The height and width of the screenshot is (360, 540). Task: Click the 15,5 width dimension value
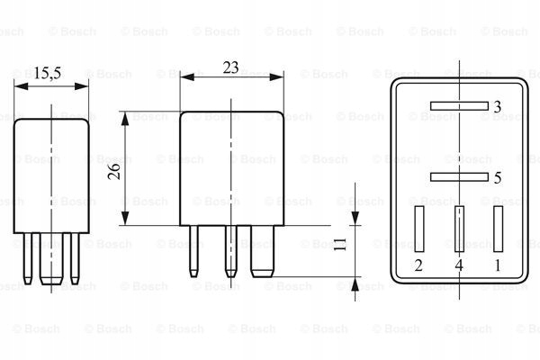pyautogui.click(x=48, y=74)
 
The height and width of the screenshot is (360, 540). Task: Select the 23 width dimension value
pyautogui.click(x=230, y=67)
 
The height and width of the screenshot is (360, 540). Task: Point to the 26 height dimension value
pyautogui.click(x=114, y=171)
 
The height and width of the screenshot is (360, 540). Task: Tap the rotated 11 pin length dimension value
pyautogui.click(x=340, y=244)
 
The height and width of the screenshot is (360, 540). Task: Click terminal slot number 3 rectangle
pyautogui.click(x=459, y=106)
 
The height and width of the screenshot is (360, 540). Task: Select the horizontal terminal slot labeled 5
pyautogui.click(x=459, y=177)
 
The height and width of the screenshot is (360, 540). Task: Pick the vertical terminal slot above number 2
pyautogui.click(x=419, y=229)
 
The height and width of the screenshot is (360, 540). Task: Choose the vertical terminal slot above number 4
pyautogui.click(x=459, y=229)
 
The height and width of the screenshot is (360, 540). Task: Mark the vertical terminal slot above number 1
pyautogui.click(x=498, y=229)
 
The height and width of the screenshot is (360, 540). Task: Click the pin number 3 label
pyautogui.click(x=498, y=107)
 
